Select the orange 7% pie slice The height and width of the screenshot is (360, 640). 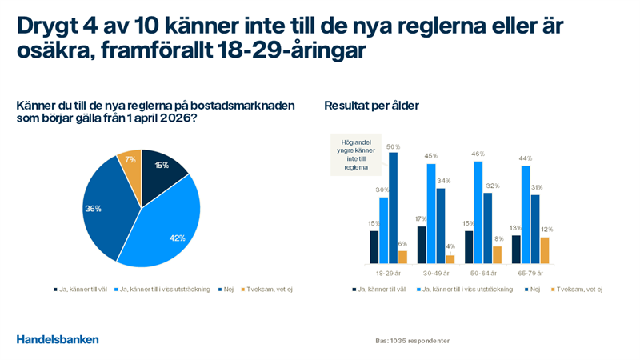[x=130, y=161]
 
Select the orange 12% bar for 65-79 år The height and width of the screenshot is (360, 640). [x=546, y=250]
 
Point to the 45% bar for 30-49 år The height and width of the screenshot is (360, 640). [x=431, y=213]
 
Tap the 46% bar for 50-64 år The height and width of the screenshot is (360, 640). [x=478, y=212]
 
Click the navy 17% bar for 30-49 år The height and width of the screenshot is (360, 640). [x=422, y=244]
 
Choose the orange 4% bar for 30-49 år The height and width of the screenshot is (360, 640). [x=450, y=258]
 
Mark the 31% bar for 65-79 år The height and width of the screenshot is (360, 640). [x=535, y=229]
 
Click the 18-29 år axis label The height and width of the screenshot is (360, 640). [x=388, y=273]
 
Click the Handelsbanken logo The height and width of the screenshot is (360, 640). [x=58, y=339]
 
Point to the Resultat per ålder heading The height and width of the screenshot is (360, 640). [x=371, y=106]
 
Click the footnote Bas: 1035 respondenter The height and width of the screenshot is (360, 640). [x=412, y=341]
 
